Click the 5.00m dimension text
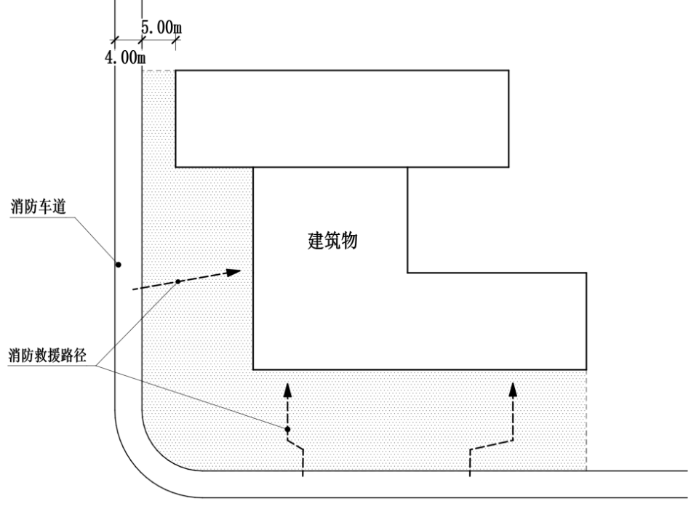[x=161, y=28]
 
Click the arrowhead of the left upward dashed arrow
[x=287, y=388]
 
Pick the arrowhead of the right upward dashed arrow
[x=513, y=388]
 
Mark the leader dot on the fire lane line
[x=117, y=265]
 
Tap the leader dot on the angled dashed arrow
[x=177, y=281]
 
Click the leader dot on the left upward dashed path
[x=287, y=429]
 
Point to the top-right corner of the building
[x=508, y=71]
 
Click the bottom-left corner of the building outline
[x=252, y=369]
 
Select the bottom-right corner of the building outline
[x=586, y=369]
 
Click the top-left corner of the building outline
[x=176, y=71]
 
